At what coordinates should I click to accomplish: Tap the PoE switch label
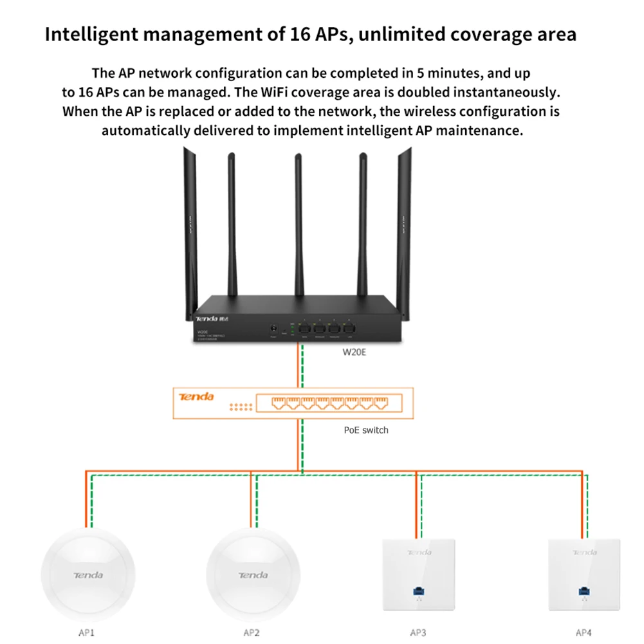(366, 430)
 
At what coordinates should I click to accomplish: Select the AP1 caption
(86, 632)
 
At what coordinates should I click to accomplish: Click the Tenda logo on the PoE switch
(196, 396)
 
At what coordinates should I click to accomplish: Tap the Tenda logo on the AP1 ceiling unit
(88, 575)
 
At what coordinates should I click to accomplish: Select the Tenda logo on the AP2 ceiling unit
(253, 575)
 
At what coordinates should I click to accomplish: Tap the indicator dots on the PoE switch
(239, 407)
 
